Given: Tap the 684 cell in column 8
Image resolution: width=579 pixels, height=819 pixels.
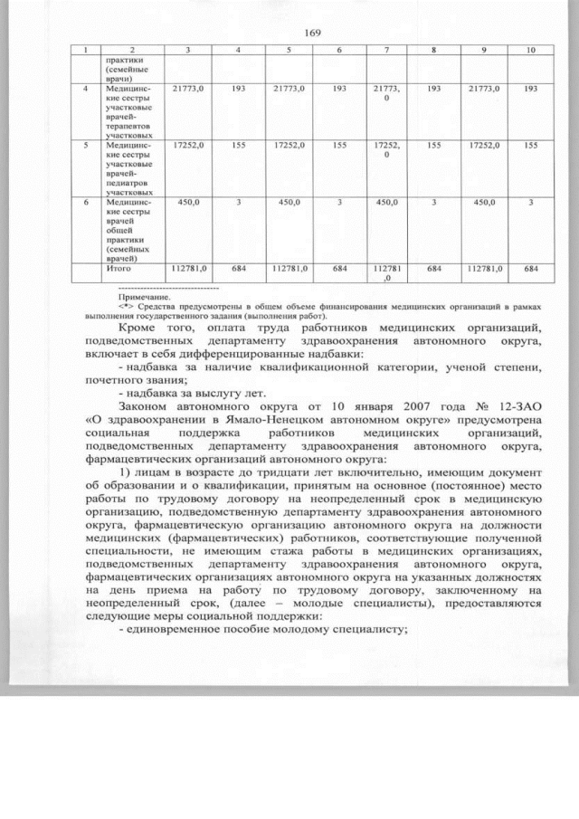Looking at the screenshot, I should (434, 269).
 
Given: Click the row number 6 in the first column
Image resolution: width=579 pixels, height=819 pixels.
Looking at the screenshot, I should (85, 202).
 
